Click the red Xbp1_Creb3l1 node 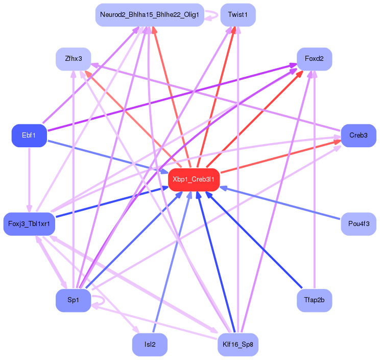click(194, 179)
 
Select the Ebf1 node click(29, 136)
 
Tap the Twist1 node click(238, 15)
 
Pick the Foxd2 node click(314, 59)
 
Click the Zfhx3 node click(74, 59)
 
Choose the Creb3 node click(359, 136)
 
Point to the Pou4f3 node click(359, 224)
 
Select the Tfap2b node click(314, 300)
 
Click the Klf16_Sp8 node click(238, 345)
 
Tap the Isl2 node click(150, 345)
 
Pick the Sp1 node click(74, 300)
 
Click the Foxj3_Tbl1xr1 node click(29, 224)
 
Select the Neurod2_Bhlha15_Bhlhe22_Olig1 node click(150, 15)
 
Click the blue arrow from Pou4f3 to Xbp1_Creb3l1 click(280, 203)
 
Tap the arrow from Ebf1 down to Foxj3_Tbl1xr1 click(29, 180)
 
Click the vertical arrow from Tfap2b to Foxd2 click(314, 180)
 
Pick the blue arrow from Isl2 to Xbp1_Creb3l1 click(172, 262)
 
